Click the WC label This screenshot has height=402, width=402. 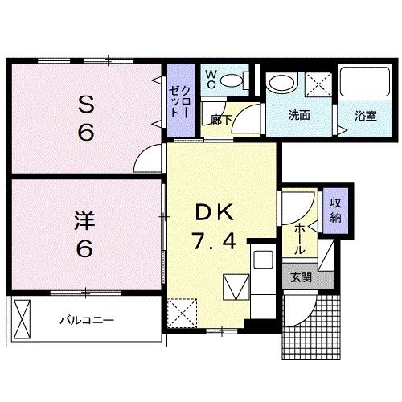(211, 79)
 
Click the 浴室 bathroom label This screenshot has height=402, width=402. (366, 115)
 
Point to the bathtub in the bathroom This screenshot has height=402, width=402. (366, 83)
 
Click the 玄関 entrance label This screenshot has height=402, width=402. (301, 279)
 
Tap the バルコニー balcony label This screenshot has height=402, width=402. (87, 320)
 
